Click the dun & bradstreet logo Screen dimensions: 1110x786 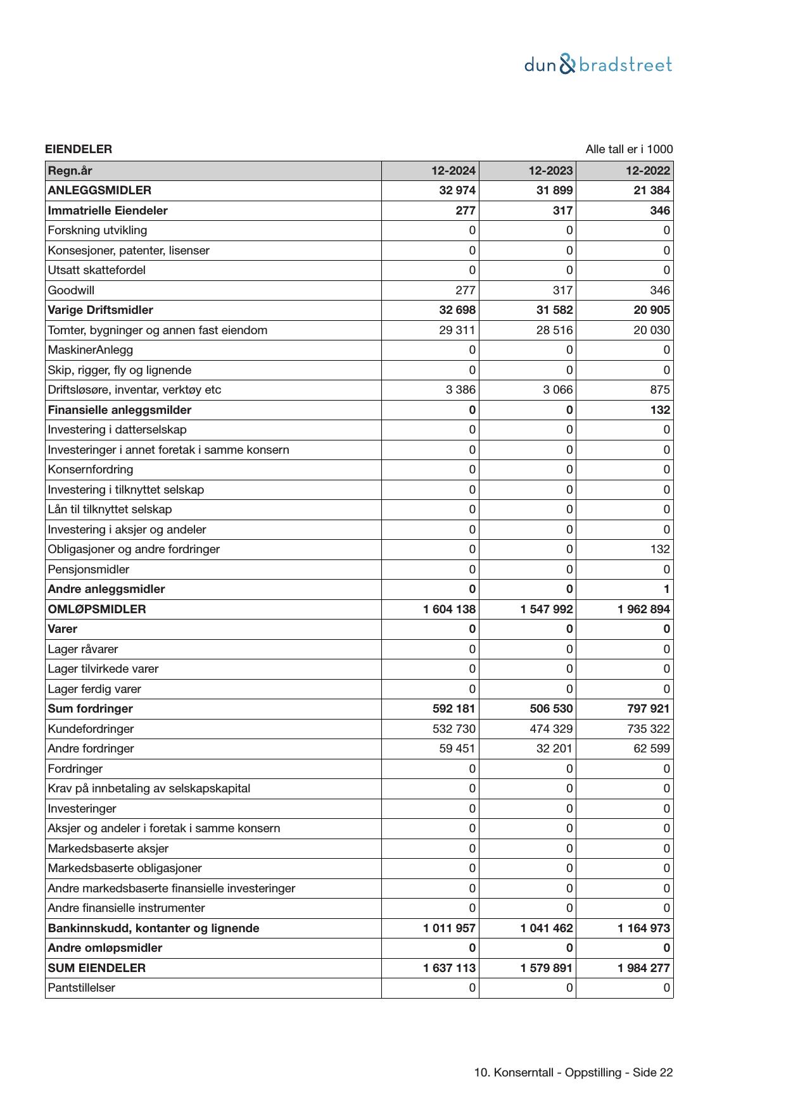point(597,65)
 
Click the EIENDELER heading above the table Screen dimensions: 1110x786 point(79,149)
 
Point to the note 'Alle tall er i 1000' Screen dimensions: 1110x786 point(628,149)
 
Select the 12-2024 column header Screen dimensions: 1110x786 point(453,171)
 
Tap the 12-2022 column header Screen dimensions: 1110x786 point(647,171)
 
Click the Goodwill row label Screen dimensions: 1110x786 point(71,290)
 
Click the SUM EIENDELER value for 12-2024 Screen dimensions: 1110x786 point(449,968)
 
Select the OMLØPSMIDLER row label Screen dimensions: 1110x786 point(97,609)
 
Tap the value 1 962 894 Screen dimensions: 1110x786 point(643,609)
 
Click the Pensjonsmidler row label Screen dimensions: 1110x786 point(89,570)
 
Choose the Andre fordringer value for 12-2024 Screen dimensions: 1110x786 point(457,749)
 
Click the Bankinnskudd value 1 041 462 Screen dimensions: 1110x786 point(547,928)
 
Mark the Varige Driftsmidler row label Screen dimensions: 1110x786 point(101,310)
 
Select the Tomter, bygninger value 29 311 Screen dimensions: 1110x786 point(457,330)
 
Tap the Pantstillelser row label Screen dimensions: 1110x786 point(82,988)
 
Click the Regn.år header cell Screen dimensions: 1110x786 point(70,171)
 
